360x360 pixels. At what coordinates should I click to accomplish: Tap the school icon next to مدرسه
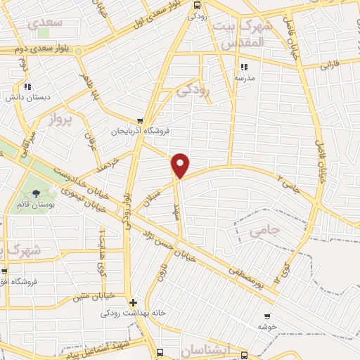[244, 67]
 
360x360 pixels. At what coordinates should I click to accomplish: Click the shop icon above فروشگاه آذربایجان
[141, 121]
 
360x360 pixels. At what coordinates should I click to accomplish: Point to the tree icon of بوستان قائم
[37, 194]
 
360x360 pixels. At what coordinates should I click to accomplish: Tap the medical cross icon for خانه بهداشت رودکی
[133, 302]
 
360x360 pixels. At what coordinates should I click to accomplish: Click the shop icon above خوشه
[266, 316]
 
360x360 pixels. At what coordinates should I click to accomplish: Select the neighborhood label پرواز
[60, 120]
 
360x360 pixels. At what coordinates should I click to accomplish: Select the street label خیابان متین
[92, 296]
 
